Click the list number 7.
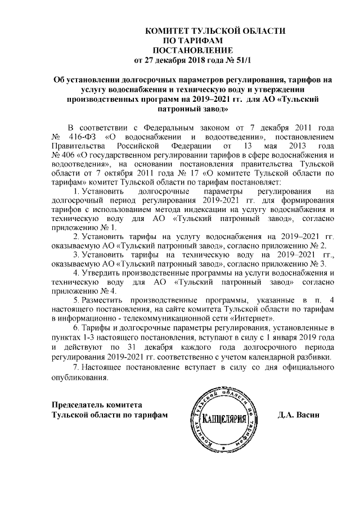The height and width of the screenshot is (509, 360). (x=76, y=367)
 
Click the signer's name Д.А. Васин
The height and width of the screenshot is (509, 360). (x=299, y=415)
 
